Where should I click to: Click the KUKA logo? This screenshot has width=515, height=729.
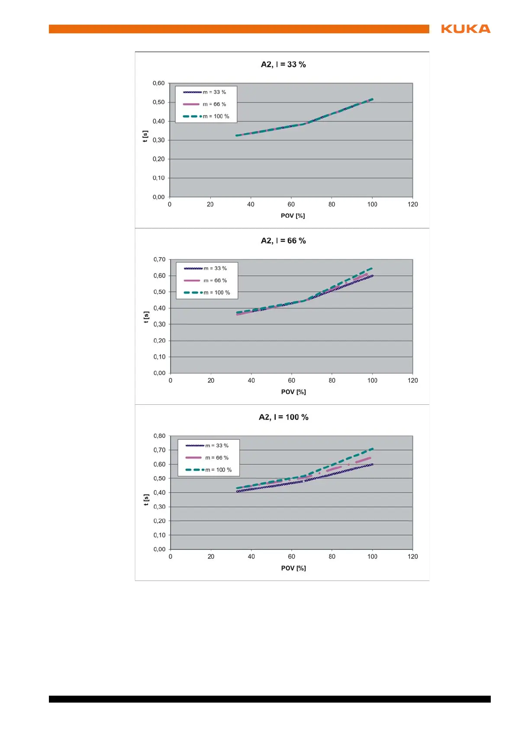coord(466,29)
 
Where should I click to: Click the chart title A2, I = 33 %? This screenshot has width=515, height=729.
coord(283,65)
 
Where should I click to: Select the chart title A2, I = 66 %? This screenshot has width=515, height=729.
coord(283,241)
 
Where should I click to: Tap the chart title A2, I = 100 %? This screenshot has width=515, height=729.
coord(283,417)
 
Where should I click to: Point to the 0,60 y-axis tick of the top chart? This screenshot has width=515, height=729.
coord(158,83)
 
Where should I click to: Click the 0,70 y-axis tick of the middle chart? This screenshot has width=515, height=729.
coord(159,259)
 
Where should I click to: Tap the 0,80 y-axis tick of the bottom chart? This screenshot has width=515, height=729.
coord(159,436)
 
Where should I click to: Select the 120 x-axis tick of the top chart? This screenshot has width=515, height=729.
coord(413,204)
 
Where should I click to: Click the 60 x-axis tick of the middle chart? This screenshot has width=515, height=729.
coord(292,381)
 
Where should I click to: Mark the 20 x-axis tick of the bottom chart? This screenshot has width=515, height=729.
coord(211,557)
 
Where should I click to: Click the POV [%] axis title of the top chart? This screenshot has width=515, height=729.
coord(293,216)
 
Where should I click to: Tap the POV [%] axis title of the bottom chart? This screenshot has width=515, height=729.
coord(293,568)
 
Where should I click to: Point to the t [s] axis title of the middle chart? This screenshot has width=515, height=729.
coord(146,317)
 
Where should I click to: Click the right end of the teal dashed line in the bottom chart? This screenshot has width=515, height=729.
coord(373,449)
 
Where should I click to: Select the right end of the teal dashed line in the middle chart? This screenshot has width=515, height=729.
coord(372,268)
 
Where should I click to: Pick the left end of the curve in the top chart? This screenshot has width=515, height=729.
coord(236,135)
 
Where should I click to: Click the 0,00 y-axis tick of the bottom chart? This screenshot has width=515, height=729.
coord(159,549)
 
